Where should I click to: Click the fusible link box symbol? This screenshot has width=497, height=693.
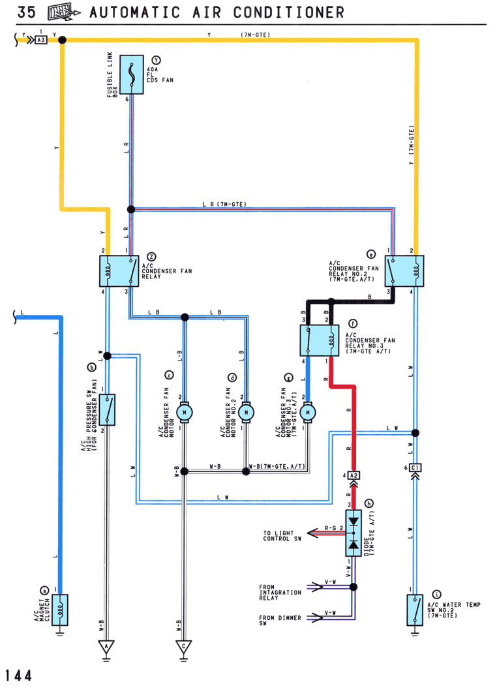(132, 75)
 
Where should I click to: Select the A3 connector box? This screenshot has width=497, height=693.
(41, 40)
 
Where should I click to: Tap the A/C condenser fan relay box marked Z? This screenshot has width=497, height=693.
(119, 271)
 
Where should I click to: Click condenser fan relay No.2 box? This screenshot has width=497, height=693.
(404, 271)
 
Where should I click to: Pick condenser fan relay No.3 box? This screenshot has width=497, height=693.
(319, 340)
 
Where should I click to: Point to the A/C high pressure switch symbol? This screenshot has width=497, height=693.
(107, 409)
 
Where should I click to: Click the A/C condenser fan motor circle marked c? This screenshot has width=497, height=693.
(185, 413)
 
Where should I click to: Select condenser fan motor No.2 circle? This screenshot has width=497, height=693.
(246, 413)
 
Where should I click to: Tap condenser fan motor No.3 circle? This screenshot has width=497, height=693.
(308, 413)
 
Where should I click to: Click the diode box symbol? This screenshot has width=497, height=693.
(354, 533)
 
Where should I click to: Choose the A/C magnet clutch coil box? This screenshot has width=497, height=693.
(60, 610)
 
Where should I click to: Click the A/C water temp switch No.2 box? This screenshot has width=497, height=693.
(415, 610)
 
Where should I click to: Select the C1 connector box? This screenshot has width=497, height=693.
(415, 467)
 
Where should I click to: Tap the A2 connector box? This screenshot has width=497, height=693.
(354, 475)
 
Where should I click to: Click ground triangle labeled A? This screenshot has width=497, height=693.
(106, 647)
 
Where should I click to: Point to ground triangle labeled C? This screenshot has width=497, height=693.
(183, 647)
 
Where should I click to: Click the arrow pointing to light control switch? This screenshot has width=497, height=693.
(326, 533)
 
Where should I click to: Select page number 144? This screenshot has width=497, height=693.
(18, 675)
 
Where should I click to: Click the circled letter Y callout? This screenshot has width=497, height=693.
(156, 61)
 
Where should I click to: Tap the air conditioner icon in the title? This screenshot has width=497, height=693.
(64, 12)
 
